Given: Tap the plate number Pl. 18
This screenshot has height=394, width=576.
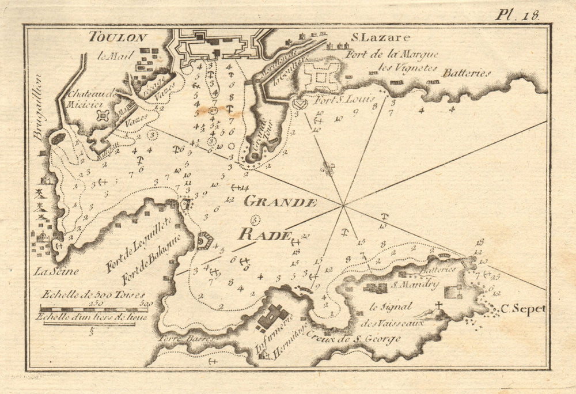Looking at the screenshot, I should [x=517, y=14].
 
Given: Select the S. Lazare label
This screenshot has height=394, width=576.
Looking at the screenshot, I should [x=381, y=38].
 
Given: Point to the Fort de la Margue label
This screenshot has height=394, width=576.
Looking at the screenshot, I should [x=392, y=55].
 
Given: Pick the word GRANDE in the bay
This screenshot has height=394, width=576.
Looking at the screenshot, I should [x=281, y=202].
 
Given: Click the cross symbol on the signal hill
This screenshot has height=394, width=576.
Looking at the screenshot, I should [x=438, y=305].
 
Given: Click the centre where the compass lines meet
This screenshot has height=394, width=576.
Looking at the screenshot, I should [x=343, y=204].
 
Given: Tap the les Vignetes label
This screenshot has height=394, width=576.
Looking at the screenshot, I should [x=406, y=67].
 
